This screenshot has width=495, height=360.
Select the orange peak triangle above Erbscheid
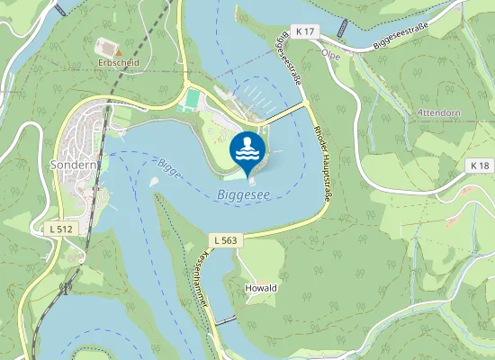tap(117, 52)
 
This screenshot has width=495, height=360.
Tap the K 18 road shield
tap(480, 166)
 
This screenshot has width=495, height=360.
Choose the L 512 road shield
tap(60, 229)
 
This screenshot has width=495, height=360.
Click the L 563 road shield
tap(225, 239)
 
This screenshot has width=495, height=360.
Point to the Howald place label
tap(260, 288)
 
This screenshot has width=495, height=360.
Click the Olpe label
tap(330, 53)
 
